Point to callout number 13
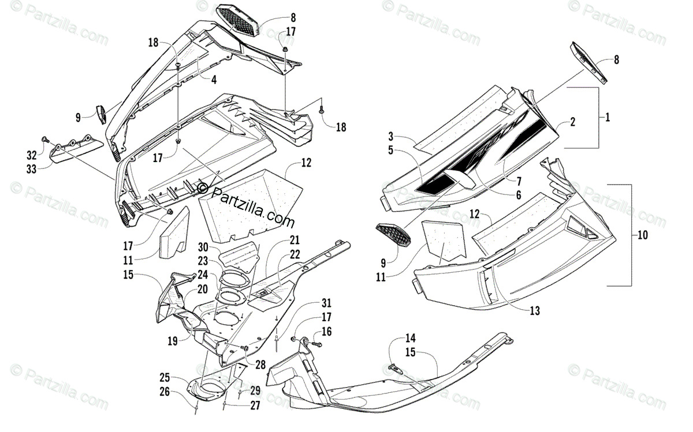click(x=534, y=311)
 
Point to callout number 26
click(x=165, y=393)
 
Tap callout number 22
click(x=295, y=254)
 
